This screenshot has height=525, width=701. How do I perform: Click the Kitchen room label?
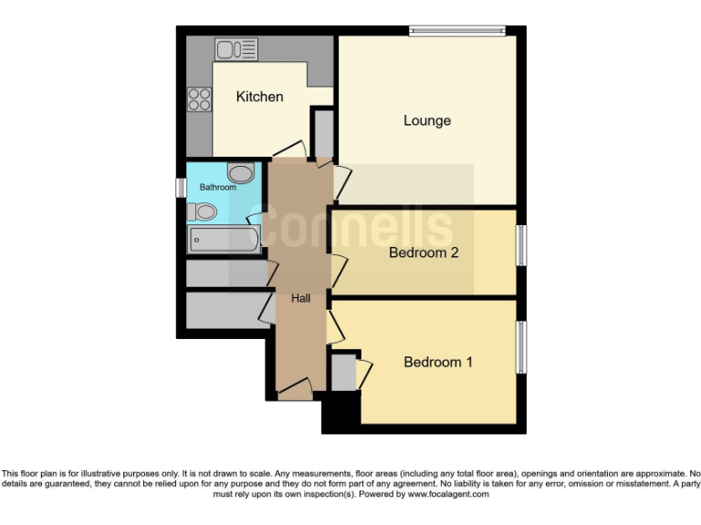[x=259, y=97]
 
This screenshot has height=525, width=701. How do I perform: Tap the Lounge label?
[x=427, y=120]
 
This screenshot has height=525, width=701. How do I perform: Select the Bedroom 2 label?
[x=424, y=252]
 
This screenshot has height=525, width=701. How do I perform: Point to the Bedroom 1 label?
[x=438, y=362]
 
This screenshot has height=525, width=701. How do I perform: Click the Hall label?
[x=301, y=298]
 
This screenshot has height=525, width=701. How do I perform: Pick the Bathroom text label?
[x=218, y=188]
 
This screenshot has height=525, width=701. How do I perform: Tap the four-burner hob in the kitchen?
[x=199, y=98]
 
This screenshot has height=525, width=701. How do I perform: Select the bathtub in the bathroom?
[x=224, y=242]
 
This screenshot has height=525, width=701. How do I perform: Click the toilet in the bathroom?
[x=203, y=212]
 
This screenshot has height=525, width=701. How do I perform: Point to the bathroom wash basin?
[x=240, y=173]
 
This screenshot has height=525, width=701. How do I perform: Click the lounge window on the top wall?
[x=456, y=31]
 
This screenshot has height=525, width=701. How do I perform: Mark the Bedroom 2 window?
[x=522, y=246]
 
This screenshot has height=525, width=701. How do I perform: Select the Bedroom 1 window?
[x=522, y=346]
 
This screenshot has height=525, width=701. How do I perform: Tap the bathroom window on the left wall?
[x=181, y=187]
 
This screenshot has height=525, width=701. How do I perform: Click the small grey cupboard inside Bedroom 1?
[x=343, y=372]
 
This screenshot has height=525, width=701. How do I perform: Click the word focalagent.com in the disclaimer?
[x=451, y=495]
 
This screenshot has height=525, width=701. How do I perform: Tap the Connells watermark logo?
[x=351, y=228]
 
